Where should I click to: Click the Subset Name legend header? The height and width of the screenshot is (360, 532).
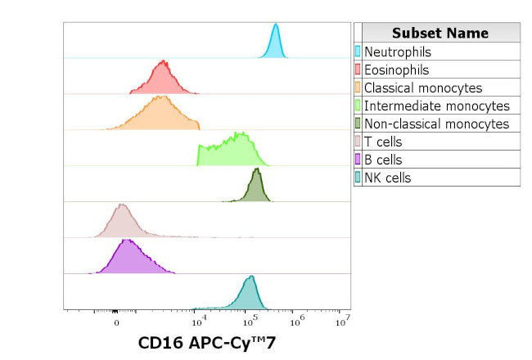(x=440, y=33)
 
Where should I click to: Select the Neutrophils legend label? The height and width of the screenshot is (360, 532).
(x=397, y=52)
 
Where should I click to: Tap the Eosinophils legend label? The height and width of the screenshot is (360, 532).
(x=396, y=70)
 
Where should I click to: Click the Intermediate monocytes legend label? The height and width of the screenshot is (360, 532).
(x=436, y=106)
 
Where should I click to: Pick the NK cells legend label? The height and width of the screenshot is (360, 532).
(x=387, y=178)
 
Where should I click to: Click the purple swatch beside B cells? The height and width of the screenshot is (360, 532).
(x=358, y=160)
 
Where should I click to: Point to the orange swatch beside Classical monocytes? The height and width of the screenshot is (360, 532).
(x=358, y=88)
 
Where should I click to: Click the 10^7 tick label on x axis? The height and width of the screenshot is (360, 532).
(x=344, y=319)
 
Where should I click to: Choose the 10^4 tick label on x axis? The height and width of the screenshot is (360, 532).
(x=199, y=319)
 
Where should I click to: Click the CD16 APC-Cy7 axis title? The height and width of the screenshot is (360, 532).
(x=207, y=344)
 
